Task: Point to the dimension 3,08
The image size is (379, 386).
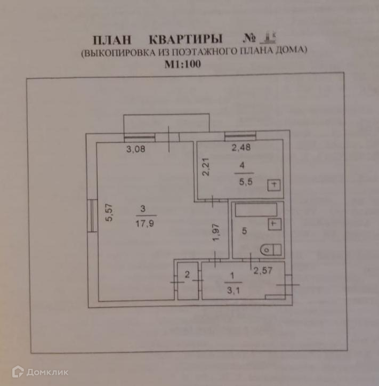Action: [135, 150]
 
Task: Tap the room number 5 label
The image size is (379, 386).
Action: [245, 232]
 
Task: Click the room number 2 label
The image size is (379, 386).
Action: [187, 275]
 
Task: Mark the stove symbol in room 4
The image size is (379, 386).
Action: [275, 185]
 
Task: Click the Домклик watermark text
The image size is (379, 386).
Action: [47, 372]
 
